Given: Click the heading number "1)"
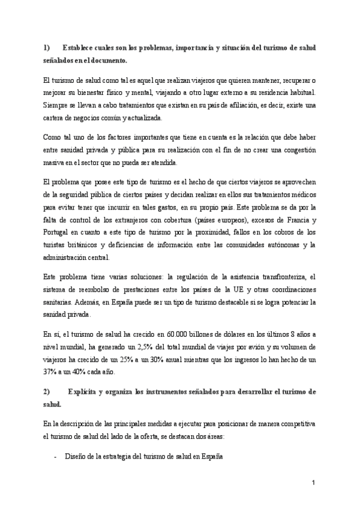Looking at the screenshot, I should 47,47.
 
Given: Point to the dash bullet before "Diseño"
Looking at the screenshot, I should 55,456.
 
